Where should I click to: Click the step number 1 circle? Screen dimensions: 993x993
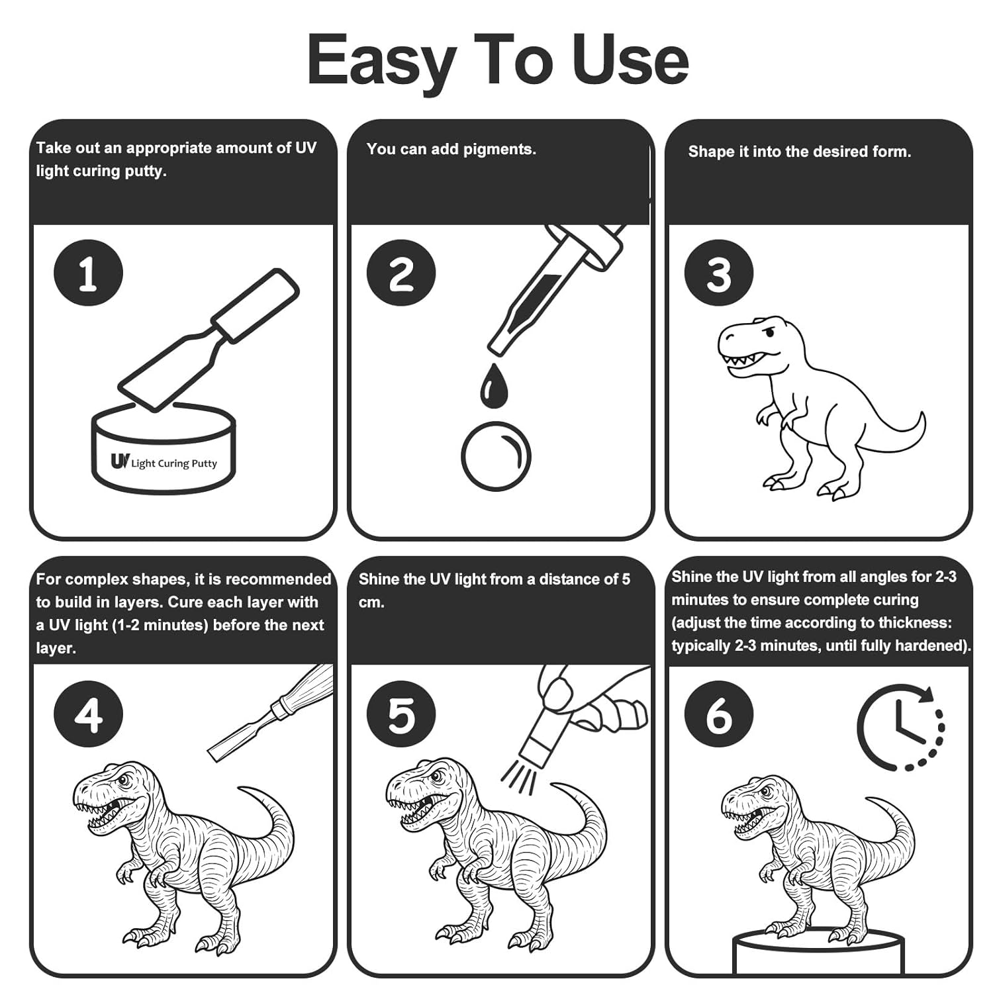coord(88,273)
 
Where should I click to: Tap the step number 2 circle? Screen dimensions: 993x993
coord(401,273)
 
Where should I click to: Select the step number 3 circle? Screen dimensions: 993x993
coord(719,273)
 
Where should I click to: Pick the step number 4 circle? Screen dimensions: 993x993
coord(88,714)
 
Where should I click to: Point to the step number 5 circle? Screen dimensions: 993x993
coord(401,714)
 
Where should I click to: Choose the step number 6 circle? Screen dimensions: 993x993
coord(719,714)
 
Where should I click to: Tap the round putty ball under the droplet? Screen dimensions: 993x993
coord(496,457)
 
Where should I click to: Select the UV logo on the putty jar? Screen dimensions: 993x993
coord(120,461)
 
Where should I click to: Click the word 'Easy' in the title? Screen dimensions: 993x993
coord(381,61)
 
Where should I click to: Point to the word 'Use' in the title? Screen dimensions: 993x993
coord(630,61)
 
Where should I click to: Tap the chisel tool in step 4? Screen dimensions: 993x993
coord(270,712)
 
